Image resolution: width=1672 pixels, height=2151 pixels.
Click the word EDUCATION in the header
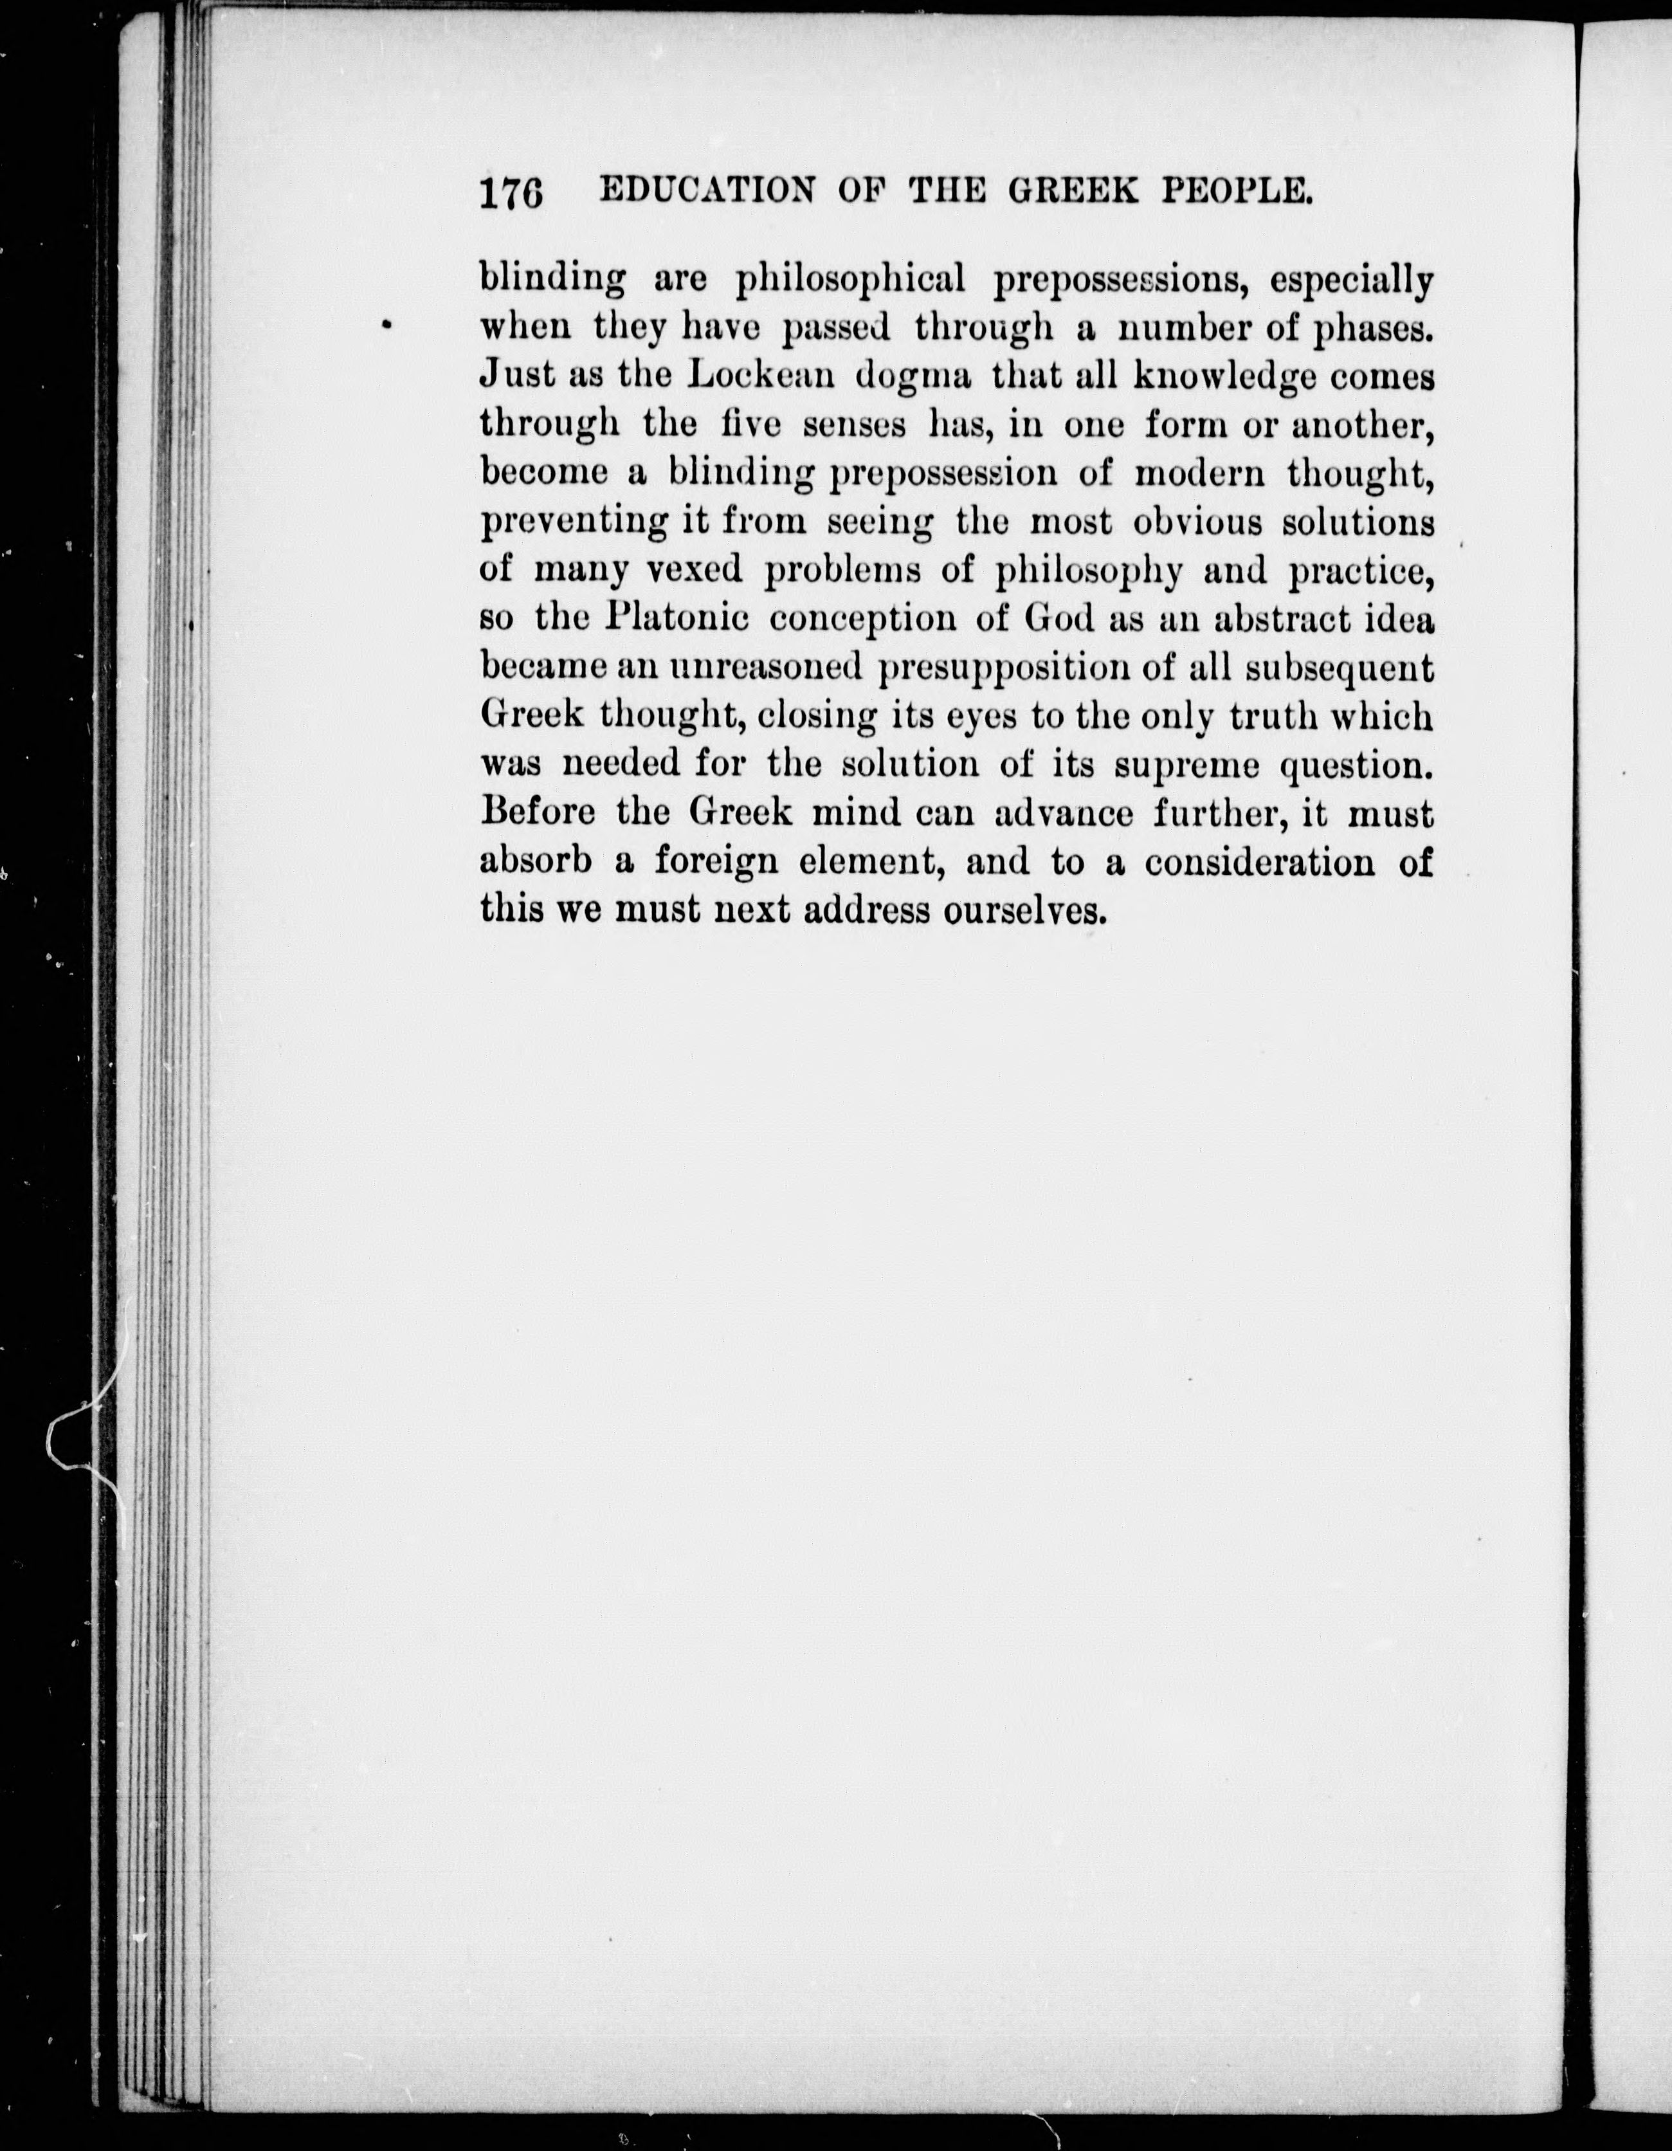(x=705, y=189)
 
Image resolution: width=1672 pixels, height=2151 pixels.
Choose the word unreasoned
(x=766, y=668)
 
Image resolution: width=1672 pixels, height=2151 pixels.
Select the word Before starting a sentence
(x=541, y=812)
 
